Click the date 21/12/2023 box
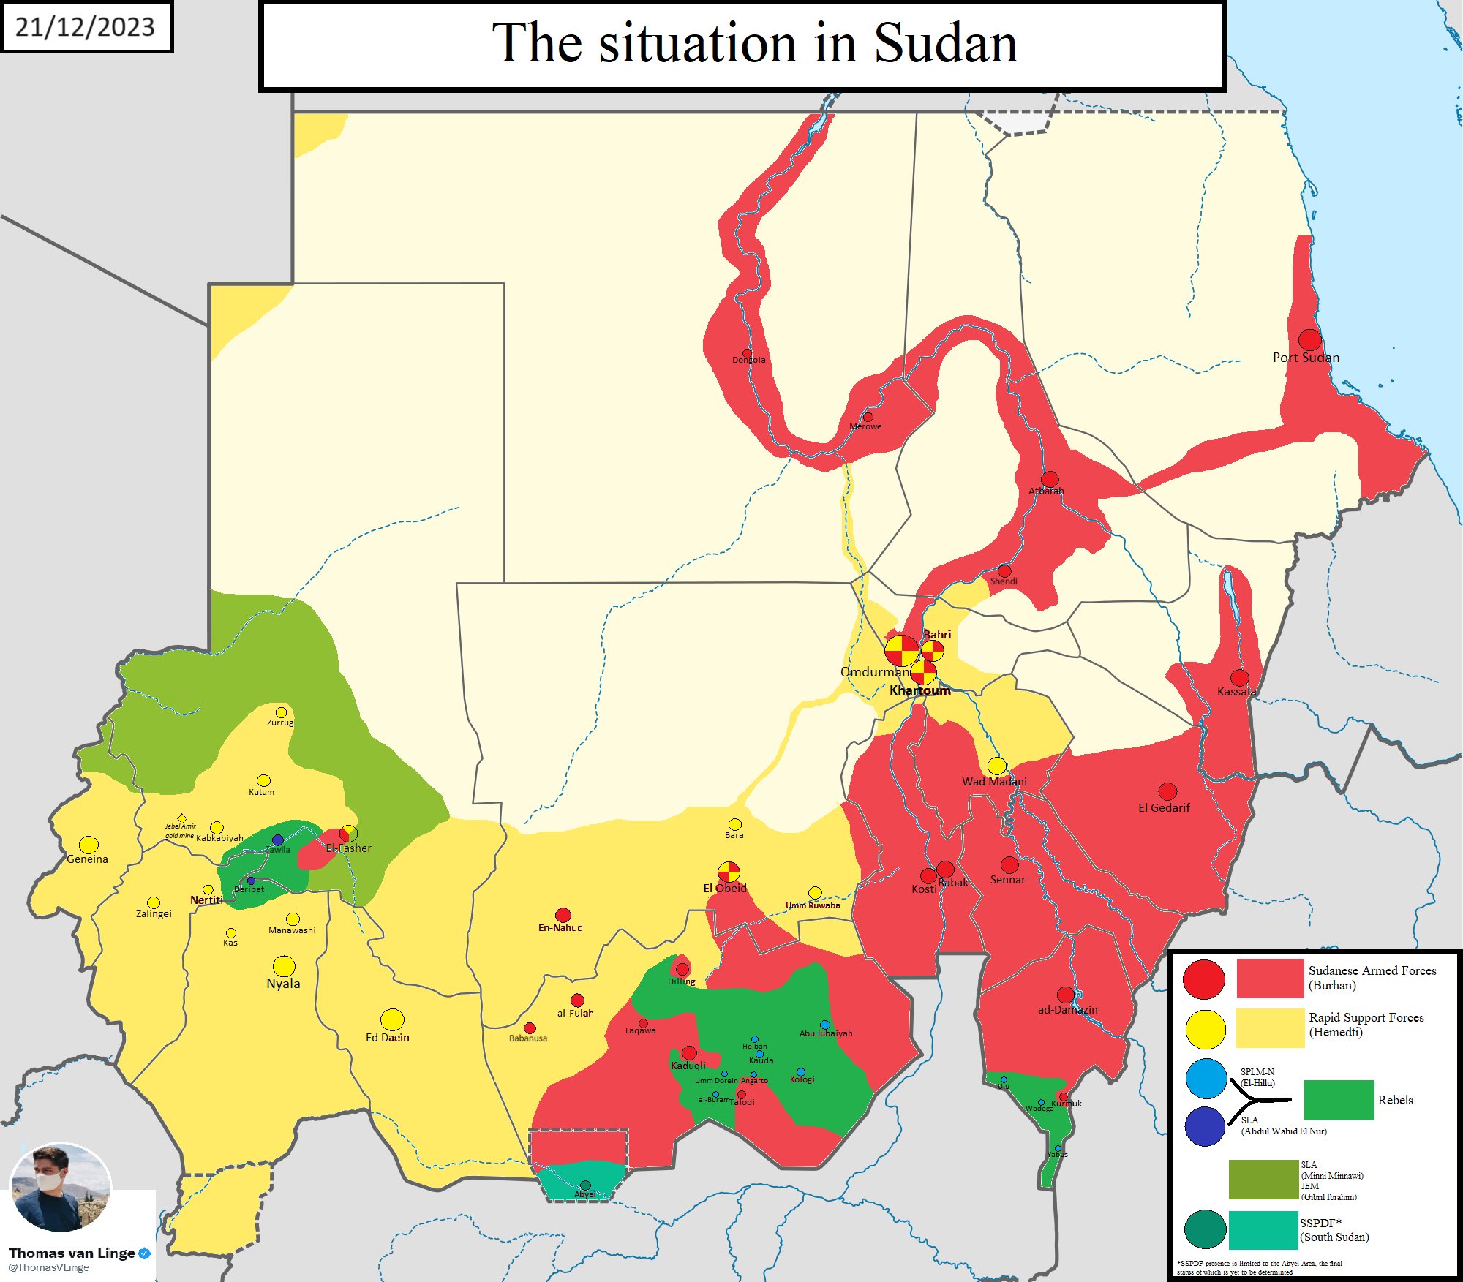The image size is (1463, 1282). click(x=86, y=27)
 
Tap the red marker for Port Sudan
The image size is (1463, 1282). click(x=1309, y=339)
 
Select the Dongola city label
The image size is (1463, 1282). click(x=749, y=360)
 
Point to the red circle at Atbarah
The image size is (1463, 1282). click(x=1050, y=479)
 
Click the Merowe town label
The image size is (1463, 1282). click(x=865, y=426)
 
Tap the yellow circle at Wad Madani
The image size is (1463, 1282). click(x=996, y=766)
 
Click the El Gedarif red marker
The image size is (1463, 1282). click(x=1167, y=791)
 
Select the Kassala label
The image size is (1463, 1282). click(x=1236, y=691)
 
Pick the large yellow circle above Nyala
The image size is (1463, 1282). click(x=284, y=966)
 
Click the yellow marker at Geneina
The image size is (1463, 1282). click(x=89, y=845)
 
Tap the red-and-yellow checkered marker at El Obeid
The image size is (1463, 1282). click(x=729, y=872)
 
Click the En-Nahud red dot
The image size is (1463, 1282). click(x=563, y=915)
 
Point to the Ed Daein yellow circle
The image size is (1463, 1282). click(x=392, y=1019)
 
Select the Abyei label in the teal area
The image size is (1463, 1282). click(x=584, y=1194)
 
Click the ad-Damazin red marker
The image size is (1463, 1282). click(x=1066, y=995)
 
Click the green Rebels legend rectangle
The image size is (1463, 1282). click(x=1339, y=1100)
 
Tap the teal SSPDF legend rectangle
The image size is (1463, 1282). click(x=1263, y=1230)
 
